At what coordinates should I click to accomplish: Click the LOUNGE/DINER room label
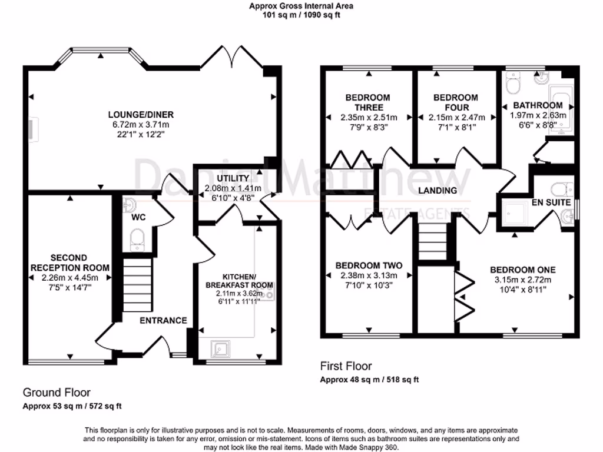point(141,114)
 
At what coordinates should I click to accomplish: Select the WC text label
point(138,217)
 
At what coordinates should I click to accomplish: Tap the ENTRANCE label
point(163,321)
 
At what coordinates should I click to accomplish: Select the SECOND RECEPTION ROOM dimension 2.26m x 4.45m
point(69,278)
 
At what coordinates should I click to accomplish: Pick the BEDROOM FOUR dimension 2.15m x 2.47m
point(456,117)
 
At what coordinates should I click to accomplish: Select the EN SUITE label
point(551,202)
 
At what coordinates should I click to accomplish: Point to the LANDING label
point(438,191)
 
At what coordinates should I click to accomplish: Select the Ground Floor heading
point(57,392)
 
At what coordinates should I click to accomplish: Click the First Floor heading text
point(346,366)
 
